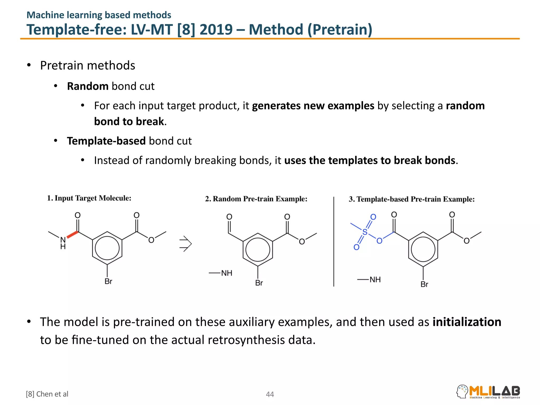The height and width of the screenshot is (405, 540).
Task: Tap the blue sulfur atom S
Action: click(365, 232)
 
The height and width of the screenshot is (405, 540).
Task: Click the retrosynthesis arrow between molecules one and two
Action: click(185, 244)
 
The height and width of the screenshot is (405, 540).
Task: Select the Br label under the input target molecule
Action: click(108, 281)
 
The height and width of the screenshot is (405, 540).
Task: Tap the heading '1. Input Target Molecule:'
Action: click(89, 198)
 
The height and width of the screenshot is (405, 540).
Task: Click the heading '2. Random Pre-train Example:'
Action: click(256, 199)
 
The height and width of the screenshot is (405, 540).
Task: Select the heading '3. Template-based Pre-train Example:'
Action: click(411, 199)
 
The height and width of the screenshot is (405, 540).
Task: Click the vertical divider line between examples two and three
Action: click(334, 241)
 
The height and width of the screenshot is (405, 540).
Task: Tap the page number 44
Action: click(270, 394)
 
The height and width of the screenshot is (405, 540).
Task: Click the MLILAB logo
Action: click(488, 392)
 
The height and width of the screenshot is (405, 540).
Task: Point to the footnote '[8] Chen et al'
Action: click(47, 394)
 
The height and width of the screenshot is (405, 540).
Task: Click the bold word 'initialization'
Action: click(467, 322)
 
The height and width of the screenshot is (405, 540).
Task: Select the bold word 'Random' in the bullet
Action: click(88, 86)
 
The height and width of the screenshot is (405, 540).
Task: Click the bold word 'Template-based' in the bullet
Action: click(106, 141)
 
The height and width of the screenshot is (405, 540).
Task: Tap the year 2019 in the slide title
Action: click(216, 30)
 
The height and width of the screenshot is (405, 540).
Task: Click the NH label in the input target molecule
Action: click(63, 243)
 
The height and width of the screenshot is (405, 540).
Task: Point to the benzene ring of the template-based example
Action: click(423, 249)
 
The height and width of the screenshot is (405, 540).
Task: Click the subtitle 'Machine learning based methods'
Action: click(99, 15)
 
